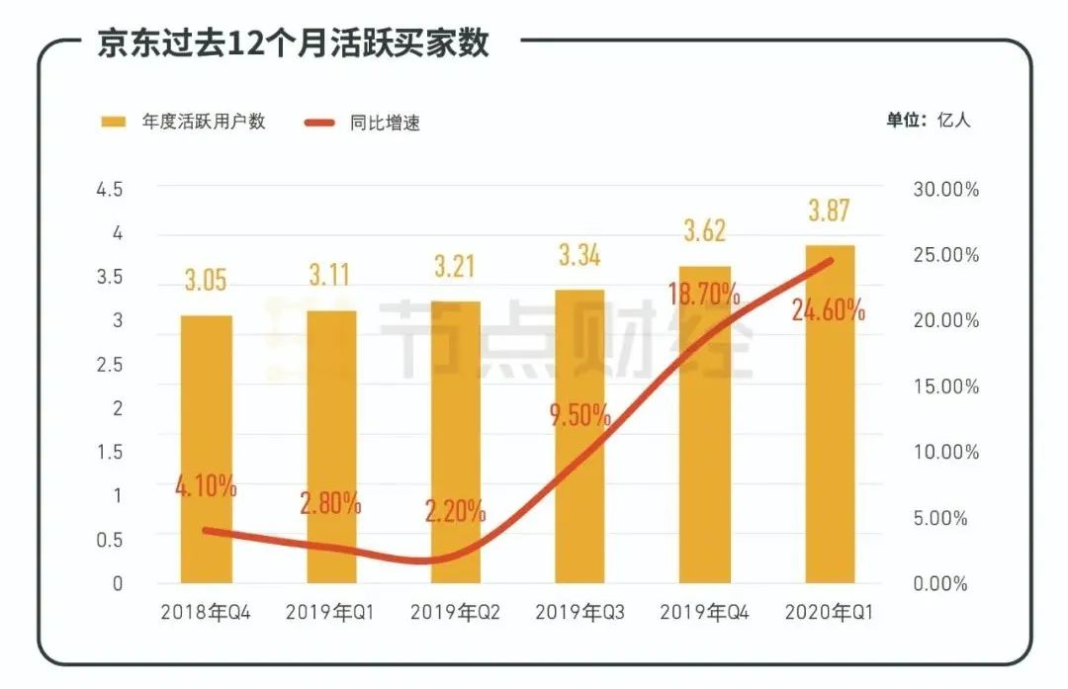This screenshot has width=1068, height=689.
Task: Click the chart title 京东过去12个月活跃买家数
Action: [x=293, y=44]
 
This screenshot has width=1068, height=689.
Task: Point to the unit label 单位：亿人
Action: [x=929, y=121]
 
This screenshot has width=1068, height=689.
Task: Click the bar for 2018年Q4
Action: [x=206, y=450]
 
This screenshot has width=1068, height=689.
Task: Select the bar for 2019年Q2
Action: [x=455, y=443]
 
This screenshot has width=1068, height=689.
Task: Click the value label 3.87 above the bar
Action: [x=830, y=211]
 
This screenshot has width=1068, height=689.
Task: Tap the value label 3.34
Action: [x=579, y=257]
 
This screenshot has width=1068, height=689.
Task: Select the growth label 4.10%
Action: [x=205, y=486]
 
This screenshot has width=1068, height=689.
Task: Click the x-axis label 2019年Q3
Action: [x=579, y=613]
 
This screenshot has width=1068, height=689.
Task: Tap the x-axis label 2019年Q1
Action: [x=330, y=613]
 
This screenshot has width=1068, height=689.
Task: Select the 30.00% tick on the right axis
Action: [x=944, y=190]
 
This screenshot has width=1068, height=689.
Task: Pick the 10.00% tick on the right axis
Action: [x=944, y=453]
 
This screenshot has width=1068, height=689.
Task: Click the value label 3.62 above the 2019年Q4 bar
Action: [x=704, y=231]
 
